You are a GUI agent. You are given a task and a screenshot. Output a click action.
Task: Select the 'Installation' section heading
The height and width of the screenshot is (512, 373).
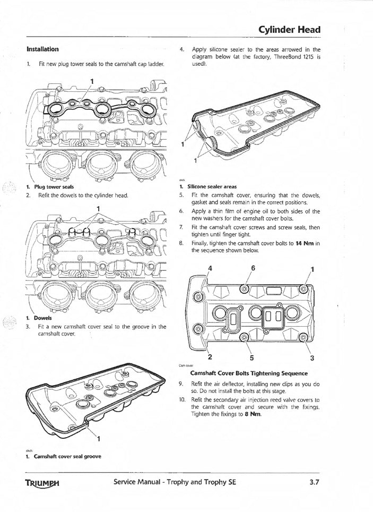[42, 49]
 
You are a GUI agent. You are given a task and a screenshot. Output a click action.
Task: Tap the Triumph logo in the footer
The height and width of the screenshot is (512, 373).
[42, 484]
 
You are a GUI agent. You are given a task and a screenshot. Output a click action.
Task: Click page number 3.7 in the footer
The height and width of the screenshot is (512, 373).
[311, 483]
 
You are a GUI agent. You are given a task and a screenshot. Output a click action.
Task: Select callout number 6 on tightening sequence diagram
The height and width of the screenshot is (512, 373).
[253, 268]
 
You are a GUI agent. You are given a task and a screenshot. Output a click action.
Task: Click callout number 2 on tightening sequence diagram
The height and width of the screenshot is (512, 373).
[210, 356]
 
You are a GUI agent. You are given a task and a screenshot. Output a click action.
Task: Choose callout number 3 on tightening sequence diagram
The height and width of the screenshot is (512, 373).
[312, 357]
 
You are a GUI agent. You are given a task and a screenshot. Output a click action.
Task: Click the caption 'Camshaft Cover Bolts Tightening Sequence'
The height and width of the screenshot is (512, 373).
[249, 373]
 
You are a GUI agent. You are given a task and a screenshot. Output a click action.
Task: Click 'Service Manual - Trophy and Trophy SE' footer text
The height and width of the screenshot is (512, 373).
[180, 483]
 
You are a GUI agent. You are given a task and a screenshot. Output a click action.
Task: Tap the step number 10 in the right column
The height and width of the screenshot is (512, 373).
[181, 399]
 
